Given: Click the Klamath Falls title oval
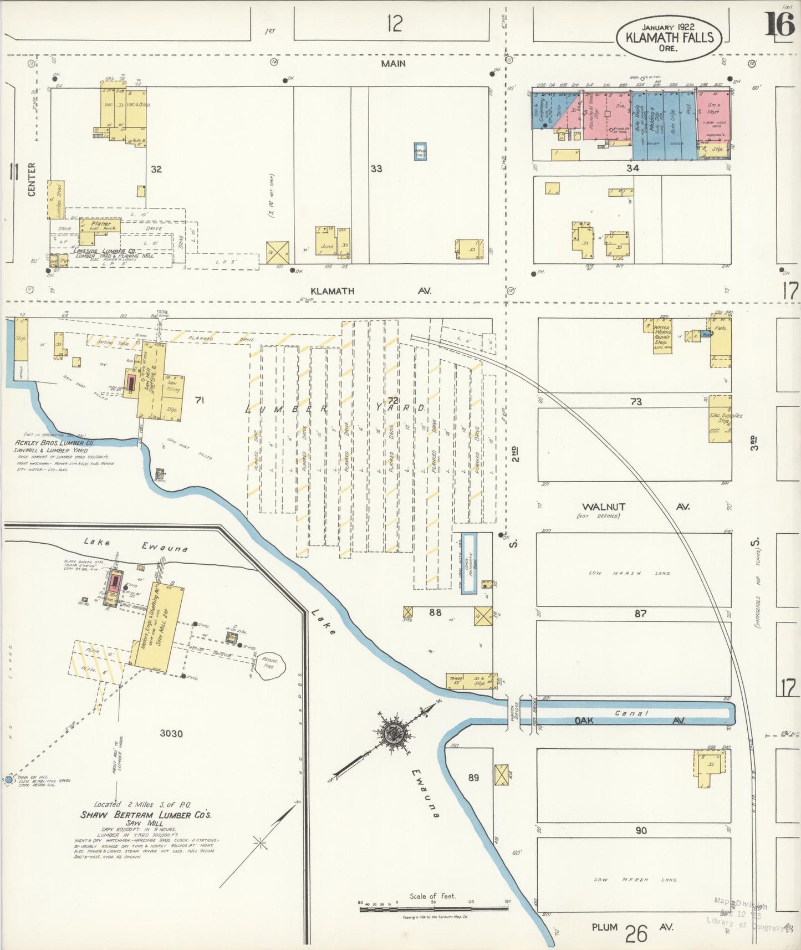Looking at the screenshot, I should click(669, 38).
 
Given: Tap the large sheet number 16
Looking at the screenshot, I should click(779, 24).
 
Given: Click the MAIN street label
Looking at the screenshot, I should click(393, 64).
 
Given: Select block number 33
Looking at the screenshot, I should click(376, 168).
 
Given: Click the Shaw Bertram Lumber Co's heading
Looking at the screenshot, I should click(146, 815).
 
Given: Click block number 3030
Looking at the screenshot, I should click(171, 733).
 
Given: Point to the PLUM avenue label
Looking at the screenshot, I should click(604, 927).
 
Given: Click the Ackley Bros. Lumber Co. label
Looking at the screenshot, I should click(54, 443).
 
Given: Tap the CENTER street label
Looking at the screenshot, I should click(32, 178).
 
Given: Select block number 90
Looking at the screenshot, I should click(641, 830).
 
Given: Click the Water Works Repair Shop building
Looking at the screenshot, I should click(662, 337).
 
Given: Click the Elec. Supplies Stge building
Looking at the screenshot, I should click(719, 419).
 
